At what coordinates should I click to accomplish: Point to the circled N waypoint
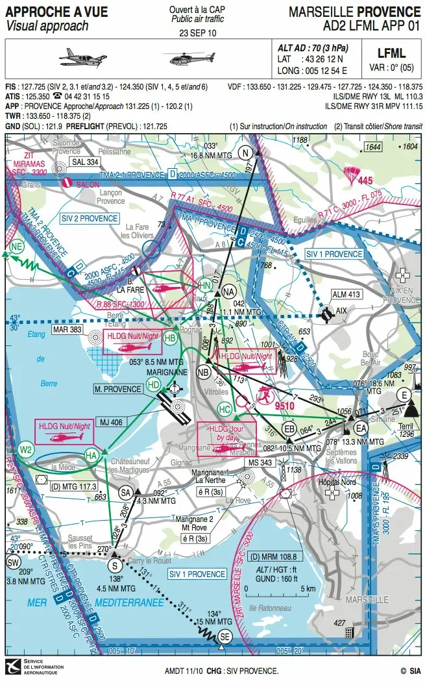pos(245,153)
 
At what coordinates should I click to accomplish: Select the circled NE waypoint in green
pos(17,245)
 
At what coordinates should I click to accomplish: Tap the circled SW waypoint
pos(13,562)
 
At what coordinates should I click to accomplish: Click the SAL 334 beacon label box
pos(85,162)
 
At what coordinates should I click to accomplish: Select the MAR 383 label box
pos(67,330)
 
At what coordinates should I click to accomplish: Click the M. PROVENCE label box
pos(117,389)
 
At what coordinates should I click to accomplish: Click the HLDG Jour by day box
pos(226,436)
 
